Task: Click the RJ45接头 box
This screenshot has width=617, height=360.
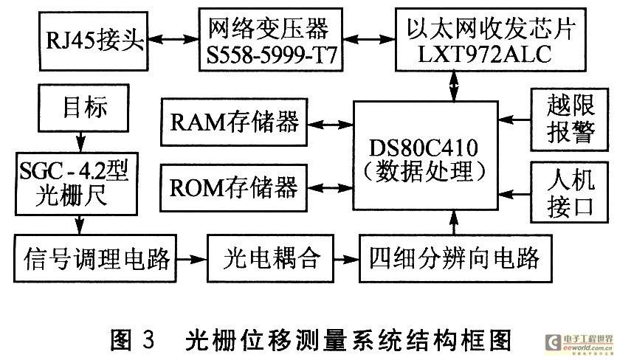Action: pos(93,41)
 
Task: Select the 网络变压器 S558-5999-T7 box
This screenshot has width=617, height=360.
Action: pos(271,39)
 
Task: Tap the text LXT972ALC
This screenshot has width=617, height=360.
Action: pos(484,55)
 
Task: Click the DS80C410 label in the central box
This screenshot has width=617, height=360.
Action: pos(424,147)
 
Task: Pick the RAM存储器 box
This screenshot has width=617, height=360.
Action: pos(234,122)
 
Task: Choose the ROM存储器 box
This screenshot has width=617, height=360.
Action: pos(234,187)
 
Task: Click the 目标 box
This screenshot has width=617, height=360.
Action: pos(83,108)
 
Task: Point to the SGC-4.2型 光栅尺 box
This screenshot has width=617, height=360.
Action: pos(77,184)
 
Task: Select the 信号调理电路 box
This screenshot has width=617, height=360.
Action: pos(94,258)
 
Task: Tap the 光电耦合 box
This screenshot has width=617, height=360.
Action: pos(271,258)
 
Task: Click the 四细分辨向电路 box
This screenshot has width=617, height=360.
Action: pos(455,258)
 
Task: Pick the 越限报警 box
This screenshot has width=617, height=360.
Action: pos(569,120)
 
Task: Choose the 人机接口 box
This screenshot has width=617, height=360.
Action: pos(569,193)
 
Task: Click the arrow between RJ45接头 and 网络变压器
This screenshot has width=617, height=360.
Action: pos(173,39)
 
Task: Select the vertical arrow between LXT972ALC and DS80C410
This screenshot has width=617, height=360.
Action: pos(455,86)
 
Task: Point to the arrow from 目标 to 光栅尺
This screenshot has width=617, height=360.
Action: pos(80,142)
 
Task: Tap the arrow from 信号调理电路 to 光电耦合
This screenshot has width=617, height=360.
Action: pos(192,259)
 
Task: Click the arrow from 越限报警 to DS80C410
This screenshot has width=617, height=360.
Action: pos(514,120)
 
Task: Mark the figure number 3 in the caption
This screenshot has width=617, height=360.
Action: pos(148,340)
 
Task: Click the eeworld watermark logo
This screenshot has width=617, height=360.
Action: pos(579,343)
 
